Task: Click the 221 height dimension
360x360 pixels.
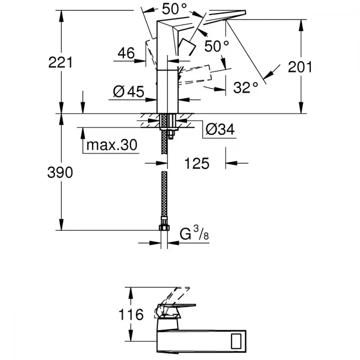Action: pyautogui.click(x=60, y=62)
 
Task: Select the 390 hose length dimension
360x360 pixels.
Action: pyautogui.click(x=60, y=172)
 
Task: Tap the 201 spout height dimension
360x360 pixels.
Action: pyautogui.click(x=300, y=67)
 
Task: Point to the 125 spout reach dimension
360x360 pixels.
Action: pyautogui.click(x=197, y=163)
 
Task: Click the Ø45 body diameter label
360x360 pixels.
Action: pyautogui.click(x=129, y=91)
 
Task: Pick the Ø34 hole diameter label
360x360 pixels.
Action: pyautogui.click(x=220, y=129)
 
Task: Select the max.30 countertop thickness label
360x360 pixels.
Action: pyautogui.click(x=112, y=145)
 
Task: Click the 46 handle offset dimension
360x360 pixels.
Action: pyautogui.click(x=126, y=53)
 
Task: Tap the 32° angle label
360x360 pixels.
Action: pyautogui.click(x=246, y=87)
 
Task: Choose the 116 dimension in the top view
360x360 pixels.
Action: pyautogui.click(x=131, y=314)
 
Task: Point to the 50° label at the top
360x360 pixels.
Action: pyautogui.click(x=174, y=9)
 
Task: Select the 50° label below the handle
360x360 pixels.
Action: pyautogui.click(x=216, y=46)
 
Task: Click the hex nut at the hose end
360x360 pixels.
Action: pyautogui.click(x=164, y=228)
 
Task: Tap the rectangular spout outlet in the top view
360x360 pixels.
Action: pyautogui.click(x=236, y=341)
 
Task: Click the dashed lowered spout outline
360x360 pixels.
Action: pyautogui.click(x=195, y=75)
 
